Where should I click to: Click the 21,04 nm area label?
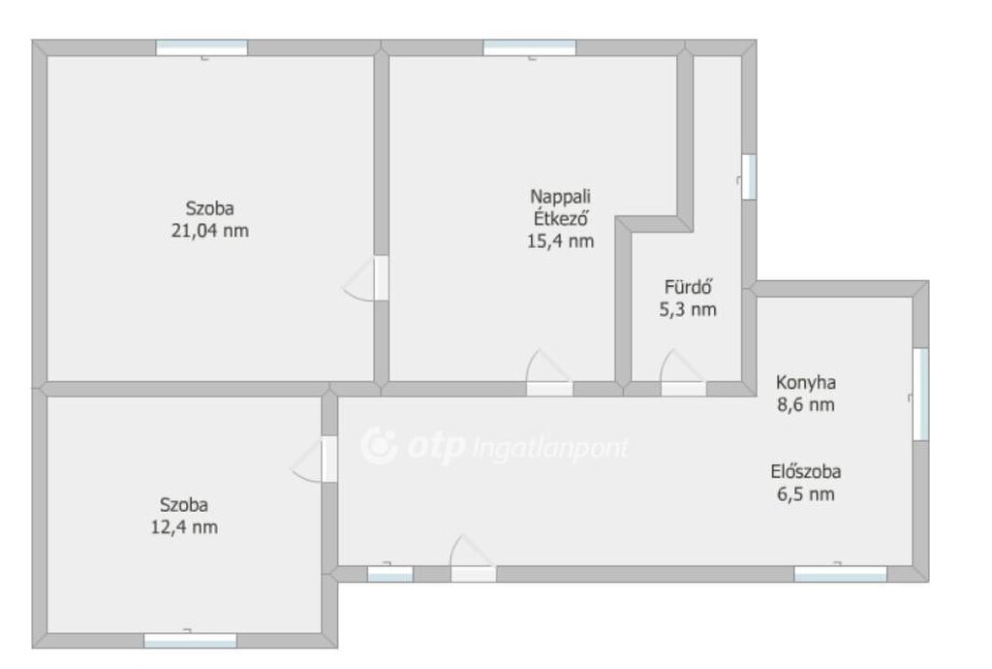[x=210, y=231]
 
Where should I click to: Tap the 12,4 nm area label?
[x=184, y=526]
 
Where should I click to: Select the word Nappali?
[x=561, y=197]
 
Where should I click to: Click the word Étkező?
[x=561, y=218]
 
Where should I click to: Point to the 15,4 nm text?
[x=561, y=241]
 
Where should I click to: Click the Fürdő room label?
[x=689, y=287]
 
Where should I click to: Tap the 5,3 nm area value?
[x=689, y=309]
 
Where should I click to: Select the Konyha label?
[x=806, y=383]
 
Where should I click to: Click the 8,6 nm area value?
[x=806, y=404]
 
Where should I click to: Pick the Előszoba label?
[x=806, y=471]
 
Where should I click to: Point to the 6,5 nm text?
[x=806, y=494]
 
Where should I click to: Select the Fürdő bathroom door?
[x=683, y=372]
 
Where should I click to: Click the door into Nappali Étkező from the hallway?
[x=549, y=372]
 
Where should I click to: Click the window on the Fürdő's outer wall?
[x=749, y=177]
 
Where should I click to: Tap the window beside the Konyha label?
[x=920, y=394]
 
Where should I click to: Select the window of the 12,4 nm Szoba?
[x=191, y=641]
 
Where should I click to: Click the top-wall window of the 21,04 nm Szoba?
[x=201, y=48]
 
